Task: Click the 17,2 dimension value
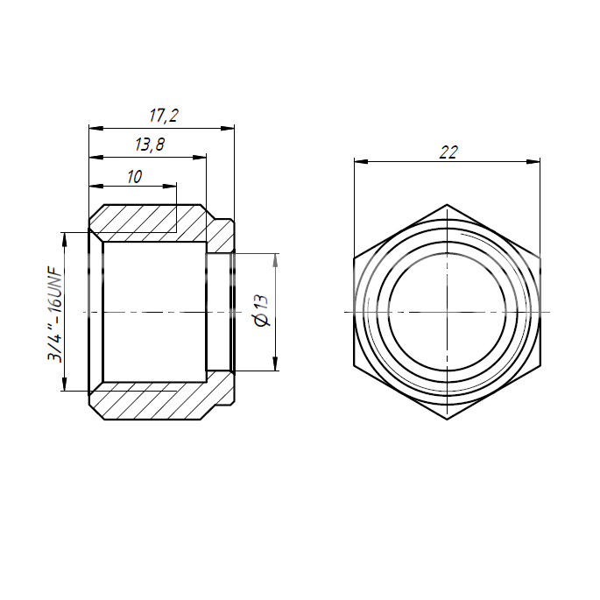coord(164,116)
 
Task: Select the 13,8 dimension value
coord(150,145)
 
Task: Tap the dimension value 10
coord(135,177)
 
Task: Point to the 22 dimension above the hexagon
coord(448,152)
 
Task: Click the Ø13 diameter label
coord(262,311)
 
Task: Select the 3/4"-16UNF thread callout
coord(54,314)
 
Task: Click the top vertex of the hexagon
coord(447,205)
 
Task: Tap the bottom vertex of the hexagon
coord(447,420)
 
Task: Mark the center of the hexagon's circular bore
coord(447,312)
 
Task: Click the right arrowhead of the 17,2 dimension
coord(227,128)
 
